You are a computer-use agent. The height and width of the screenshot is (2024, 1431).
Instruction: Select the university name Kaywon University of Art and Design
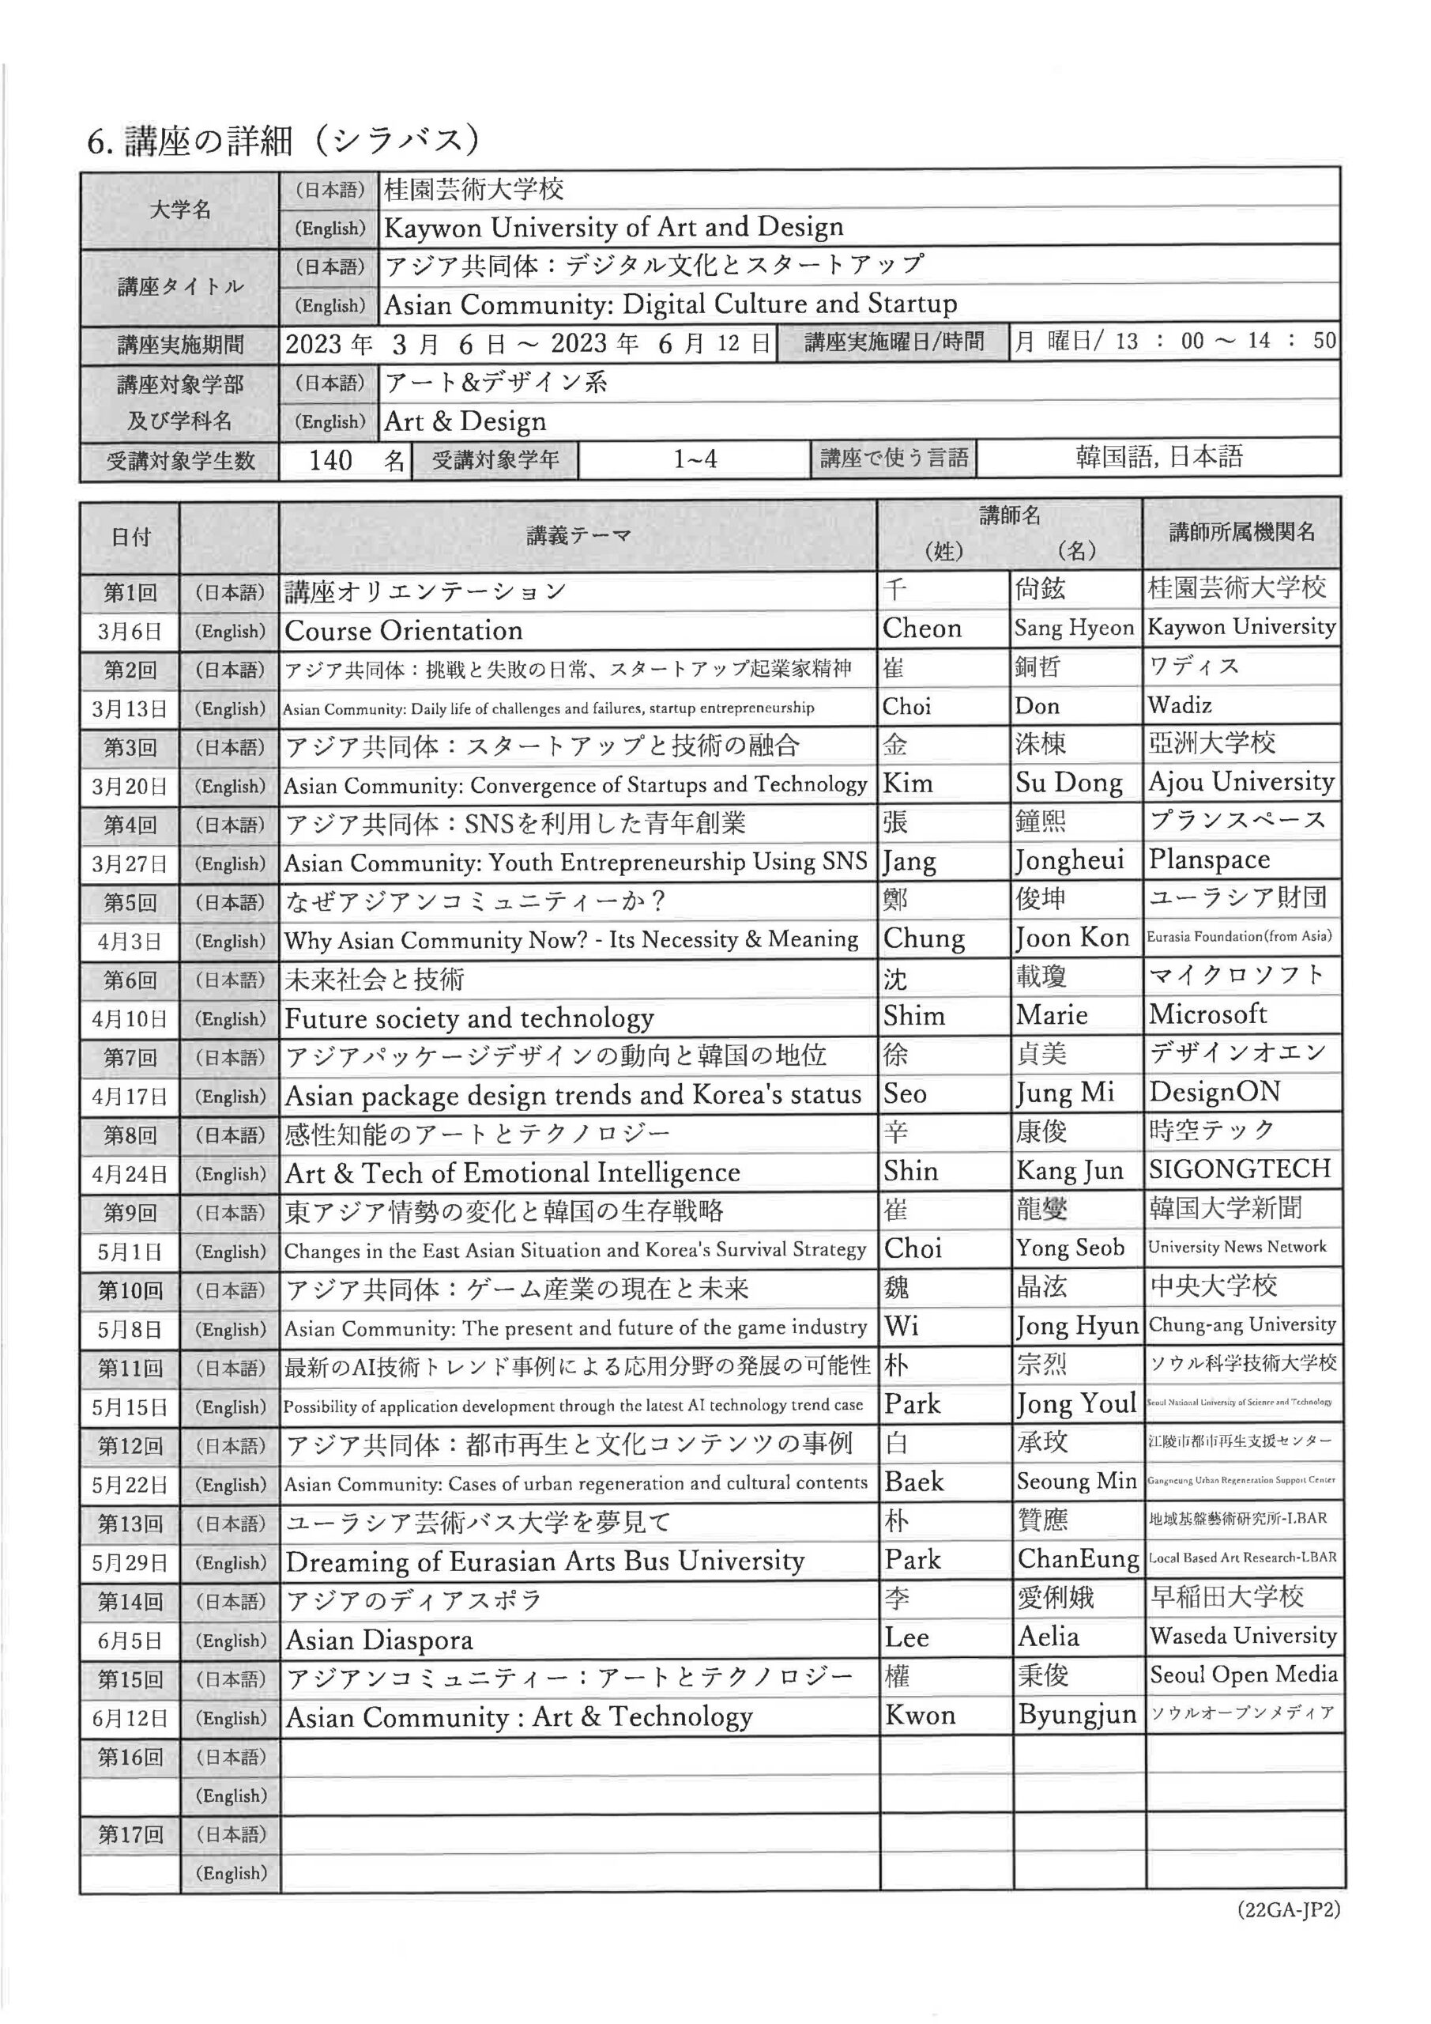613,228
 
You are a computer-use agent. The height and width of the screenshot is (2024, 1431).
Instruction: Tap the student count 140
330,459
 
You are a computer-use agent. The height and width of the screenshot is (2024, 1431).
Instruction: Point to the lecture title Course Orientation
403,630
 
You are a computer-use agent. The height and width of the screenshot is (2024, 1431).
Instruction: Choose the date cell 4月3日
130,941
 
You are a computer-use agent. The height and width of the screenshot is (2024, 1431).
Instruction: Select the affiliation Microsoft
1207,1014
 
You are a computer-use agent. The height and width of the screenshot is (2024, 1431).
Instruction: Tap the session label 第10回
130,1290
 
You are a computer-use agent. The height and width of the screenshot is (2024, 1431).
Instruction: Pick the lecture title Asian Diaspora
379,1640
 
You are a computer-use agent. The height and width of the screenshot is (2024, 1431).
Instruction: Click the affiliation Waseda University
1242,1636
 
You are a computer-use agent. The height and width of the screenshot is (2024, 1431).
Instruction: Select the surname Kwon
920,1716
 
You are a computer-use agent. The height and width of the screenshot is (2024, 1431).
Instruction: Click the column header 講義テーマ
578,535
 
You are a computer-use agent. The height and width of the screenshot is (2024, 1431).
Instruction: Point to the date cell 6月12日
130,1717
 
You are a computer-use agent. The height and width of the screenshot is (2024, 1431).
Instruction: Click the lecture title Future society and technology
469,1018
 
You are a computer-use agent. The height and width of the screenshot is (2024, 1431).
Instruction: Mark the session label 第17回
130,1834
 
